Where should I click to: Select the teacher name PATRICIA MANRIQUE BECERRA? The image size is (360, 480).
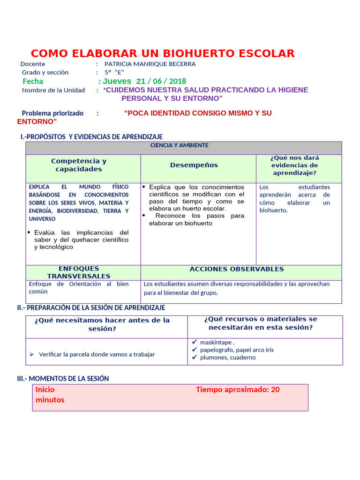tap(150, 64)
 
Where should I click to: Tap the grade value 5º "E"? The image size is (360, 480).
tap(114, 73)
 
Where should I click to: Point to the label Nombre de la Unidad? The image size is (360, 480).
tap(53, 90)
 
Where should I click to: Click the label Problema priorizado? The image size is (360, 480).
tap(52, 113)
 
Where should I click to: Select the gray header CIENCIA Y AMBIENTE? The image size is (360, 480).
tap(179, 145)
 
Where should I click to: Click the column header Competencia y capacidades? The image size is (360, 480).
tap(79, 165)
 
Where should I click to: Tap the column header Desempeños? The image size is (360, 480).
tap(194, 165)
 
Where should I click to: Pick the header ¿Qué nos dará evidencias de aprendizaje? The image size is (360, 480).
tap(294, 165)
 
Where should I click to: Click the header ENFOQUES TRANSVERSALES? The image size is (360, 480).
tap(79, 272)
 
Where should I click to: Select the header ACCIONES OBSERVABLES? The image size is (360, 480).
tap(237, 269)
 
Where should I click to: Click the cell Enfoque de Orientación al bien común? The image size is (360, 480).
tap(78, 287)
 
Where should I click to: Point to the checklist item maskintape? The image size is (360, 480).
tap(216, 342)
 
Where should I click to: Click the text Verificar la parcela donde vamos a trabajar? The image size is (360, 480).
tap(97, 354)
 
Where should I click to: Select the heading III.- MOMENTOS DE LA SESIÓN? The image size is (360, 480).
tap(63, 378)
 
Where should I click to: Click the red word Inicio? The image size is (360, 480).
tap(45, 390)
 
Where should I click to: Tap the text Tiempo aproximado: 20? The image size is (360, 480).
tap(238, 390)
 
